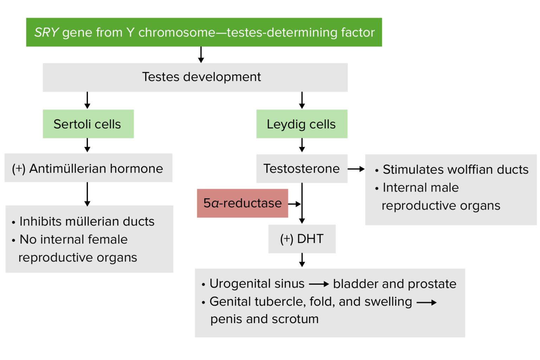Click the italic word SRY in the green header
[46, 32]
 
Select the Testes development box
[195, 77]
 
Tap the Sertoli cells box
[88, 124]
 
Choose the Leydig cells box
[302, 124]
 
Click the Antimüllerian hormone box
[88, 168]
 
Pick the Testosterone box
[302, 169]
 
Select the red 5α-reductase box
[242, 203]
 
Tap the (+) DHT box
[302, 239]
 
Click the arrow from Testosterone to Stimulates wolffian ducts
[356, 169]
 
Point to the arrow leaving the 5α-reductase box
[295, 204]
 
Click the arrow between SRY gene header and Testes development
[201, 55]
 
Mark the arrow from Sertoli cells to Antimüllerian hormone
[88, 145]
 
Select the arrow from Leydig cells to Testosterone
[302, 145]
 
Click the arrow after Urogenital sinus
[319, 284]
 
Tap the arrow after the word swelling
[426, 302]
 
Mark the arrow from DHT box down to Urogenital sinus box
[302, 260]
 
